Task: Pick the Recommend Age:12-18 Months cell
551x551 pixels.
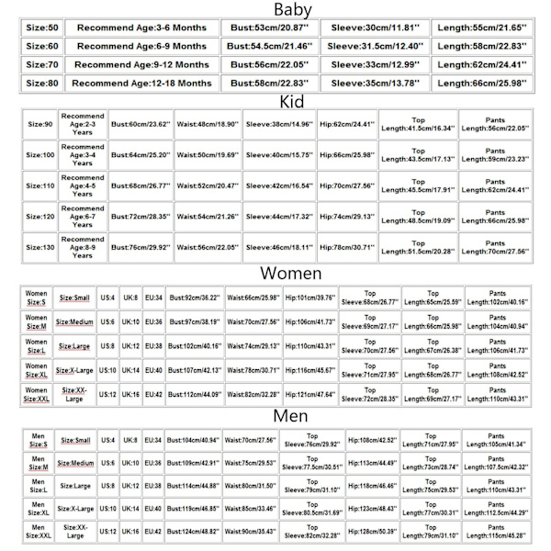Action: [141, 83]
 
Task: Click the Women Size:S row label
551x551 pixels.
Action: [36, 298]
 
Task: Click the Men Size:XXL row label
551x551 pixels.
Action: [36, 532]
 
